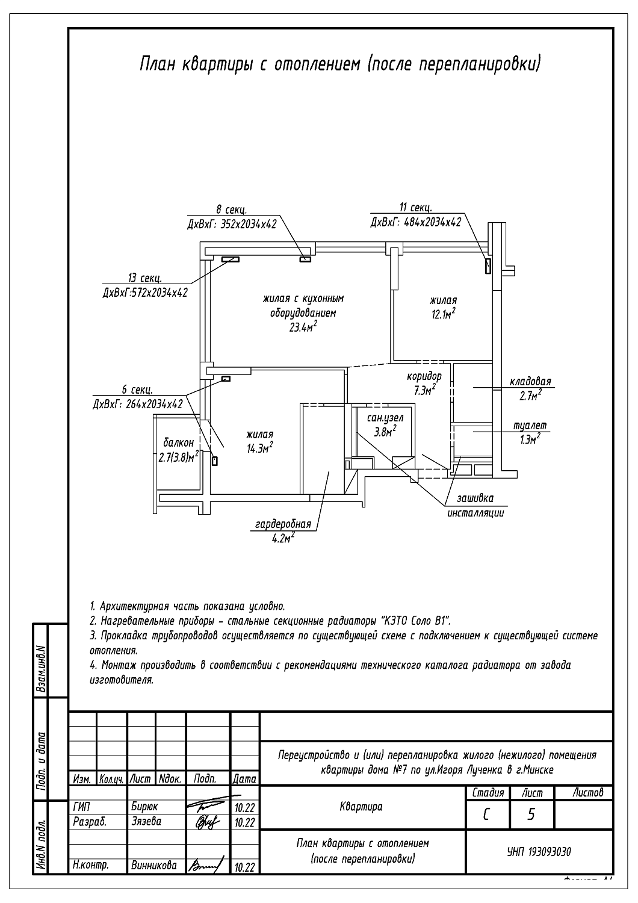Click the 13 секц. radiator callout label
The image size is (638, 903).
pos(144,278)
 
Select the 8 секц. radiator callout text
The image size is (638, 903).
pos(231,209)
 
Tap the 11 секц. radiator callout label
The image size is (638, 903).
pos(415,208)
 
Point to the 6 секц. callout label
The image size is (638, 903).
pos(137,390)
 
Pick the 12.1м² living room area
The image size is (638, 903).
pos(444,314)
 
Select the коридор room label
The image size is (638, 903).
pos(424,376)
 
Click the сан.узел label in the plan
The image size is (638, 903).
pos(385,418)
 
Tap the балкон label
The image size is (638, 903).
pos(179,442)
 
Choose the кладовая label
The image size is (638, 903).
pos(530,381)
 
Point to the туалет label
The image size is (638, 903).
pos(530,426)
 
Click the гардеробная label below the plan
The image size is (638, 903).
pos(283,524)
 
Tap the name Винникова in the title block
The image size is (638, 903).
pos(154,865)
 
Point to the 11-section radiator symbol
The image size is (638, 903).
pos(488,267)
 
